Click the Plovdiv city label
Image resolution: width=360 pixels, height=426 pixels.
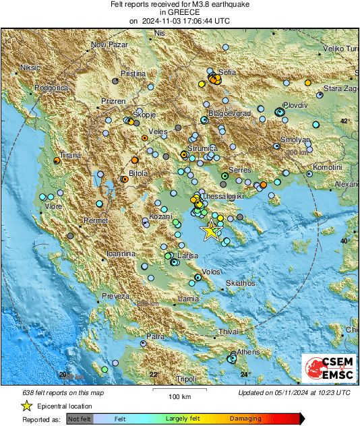tap(295, 106)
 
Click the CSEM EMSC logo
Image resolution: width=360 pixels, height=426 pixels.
tap(328, 369)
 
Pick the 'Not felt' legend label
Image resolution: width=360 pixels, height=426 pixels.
tap(82, 419)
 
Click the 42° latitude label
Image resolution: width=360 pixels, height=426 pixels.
tap(344, 121)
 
